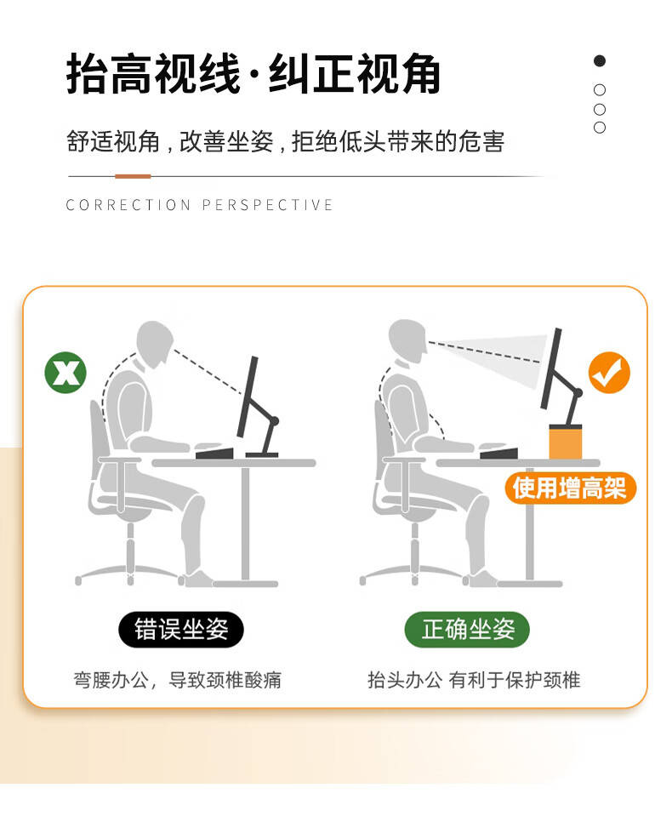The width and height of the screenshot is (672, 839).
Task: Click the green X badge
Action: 65,373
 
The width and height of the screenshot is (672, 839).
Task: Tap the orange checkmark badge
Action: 609,373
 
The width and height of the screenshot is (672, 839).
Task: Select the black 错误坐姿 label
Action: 181,630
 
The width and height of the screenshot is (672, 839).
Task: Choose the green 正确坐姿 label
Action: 467,630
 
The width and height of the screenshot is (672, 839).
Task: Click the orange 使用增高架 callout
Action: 570,488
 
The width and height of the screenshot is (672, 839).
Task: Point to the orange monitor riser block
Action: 566,442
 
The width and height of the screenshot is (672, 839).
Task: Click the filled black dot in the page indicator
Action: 600,61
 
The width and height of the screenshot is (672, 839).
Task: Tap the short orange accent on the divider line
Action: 133,176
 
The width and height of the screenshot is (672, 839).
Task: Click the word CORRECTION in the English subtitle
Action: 128,205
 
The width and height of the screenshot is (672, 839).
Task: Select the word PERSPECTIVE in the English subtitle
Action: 267,205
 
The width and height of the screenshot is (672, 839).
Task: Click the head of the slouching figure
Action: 155,344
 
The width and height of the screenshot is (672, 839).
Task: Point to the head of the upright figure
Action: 407,342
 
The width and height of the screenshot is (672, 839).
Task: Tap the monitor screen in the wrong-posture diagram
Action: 248,397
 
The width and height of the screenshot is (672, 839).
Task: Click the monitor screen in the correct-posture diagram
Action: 551,368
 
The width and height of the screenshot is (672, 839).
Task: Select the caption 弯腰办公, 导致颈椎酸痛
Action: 177,680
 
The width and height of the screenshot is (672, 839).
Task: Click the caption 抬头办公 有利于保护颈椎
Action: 474,680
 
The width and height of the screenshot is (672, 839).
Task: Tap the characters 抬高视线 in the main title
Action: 154,74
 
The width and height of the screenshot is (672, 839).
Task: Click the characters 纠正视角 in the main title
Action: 354,74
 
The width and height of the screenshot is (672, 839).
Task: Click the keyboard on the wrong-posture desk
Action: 215,454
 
